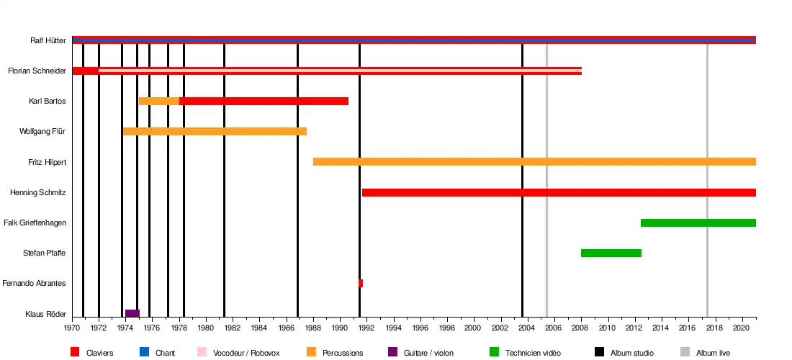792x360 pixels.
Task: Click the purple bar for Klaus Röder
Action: click(x=132, y=313)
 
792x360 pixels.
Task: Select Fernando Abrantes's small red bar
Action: click(x=361, y=283)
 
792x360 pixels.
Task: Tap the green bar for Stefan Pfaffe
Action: click(x=611, y=253)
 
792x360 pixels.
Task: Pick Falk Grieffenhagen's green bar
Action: click(x=698, y=222)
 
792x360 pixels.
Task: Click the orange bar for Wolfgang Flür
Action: click(x=215, y=131)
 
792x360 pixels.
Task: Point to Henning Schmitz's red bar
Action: click(x=559, y=192)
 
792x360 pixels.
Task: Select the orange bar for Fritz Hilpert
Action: click(x=534, y=162)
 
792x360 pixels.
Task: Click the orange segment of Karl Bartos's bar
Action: click(x=159, y=101)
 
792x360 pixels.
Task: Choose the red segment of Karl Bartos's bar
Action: click(x=264, y=101)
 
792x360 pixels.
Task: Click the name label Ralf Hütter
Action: click(x=48, y=41)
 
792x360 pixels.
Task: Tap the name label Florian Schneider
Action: click(x=37, y=71)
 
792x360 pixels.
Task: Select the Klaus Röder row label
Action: click(x=45, y=314)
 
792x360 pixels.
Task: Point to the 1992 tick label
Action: click(x=366, y=328)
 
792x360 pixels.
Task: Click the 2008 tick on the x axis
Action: click(x=581, y=328)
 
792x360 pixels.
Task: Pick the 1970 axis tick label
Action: click(x=72, y=328)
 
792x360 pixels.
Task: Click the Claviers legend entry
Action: click(x=99, y=353)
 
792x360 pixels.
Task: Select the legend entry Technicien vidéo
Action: click(x=533, y=353)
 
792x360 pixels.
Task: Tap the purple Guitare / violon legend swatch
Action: click(x=392, y=352)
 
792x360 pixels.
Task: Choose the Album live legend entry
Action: click(x=713, y=353)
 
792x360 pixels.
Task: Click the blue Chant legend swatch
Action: click(x=145, y=352)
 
